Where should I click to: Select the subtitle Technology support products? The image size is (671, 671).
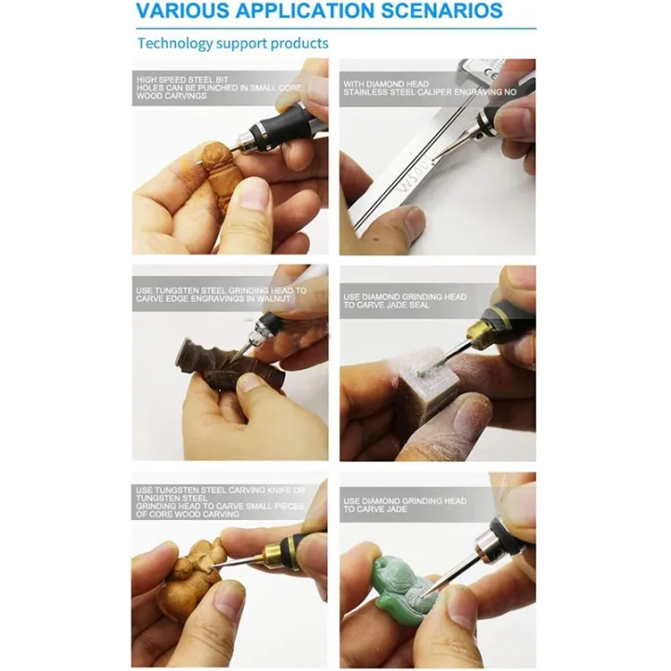point(232,43)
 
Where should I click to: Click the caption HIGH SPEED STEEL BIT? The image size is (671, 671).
point(183,80)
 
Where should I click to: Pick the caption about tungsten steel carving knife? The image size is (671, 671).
point(220,490)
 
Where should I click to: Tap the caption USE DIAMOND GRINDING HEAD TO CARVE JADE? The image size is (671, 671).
point(404,504)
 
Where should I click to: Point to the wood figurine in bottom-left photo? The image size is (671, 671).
point(192,578)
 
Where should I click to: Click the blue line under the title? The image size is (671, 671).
point(335,29)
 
